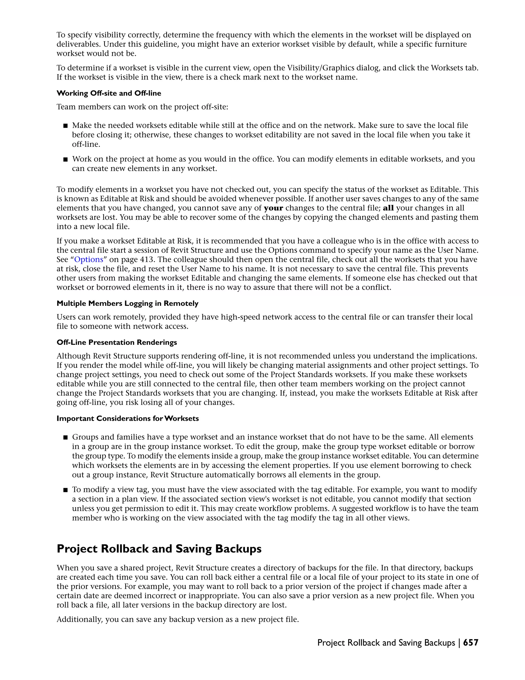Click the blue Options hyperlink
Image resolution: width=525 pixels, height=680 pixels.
pos(89,259)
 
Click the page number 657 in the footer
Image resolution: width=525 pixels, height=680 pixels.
pos(471,643)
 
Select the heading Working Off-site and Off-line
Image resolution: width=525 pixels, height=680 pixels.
pos(109,93)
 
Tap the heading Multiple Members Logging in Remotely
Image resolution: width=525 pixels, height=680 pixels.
pos(127,303)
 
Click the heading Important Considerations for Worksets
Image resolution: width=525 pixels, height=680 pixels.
pos(127,418)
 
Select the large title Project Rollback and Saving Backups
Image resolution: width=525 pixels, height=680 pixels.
pos(159,549)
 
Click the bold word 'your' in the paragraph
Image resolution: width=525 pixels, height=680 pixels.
pos(273,208)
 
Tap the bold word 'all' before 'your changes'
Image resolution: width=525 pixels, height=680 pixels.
pos(388,208)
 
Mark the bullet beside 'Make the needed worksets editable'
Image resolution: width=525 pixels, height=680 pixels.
pos(65,126)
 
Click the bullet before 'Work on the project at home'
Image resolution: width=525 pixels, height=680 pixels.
pos(65,159)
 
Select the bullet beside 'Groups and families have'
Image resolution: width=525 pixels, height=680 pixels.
pos(65,438)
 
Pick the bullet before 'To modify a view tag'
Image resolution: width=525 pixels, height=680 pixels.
pos(65,490)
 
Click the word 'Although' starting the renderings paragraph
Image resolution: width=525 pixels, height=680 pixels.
pos(71,356)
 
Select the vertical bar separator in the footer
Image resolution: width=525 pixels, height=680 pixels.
pos(459,643)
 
